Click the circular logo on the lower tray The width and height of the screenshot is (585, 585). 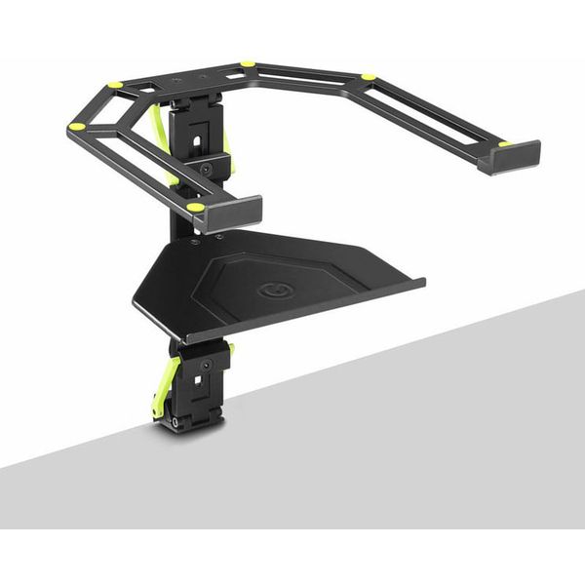coord(269,290)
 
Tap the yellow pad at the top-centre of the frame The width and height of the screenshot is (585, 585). coord(248,64)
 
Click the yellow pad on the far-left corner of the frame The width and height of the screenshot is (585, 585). coord(76,126)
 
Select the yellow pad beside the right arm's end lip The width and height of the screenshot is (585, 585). coord(503,144)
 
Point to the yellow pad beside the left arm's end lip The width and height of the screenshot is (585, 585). coord(195,207)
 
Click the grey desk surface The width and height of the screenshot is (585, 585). coord(409,429)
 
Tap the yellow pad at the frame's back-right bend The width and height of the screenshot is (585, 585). coord(368,76)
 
